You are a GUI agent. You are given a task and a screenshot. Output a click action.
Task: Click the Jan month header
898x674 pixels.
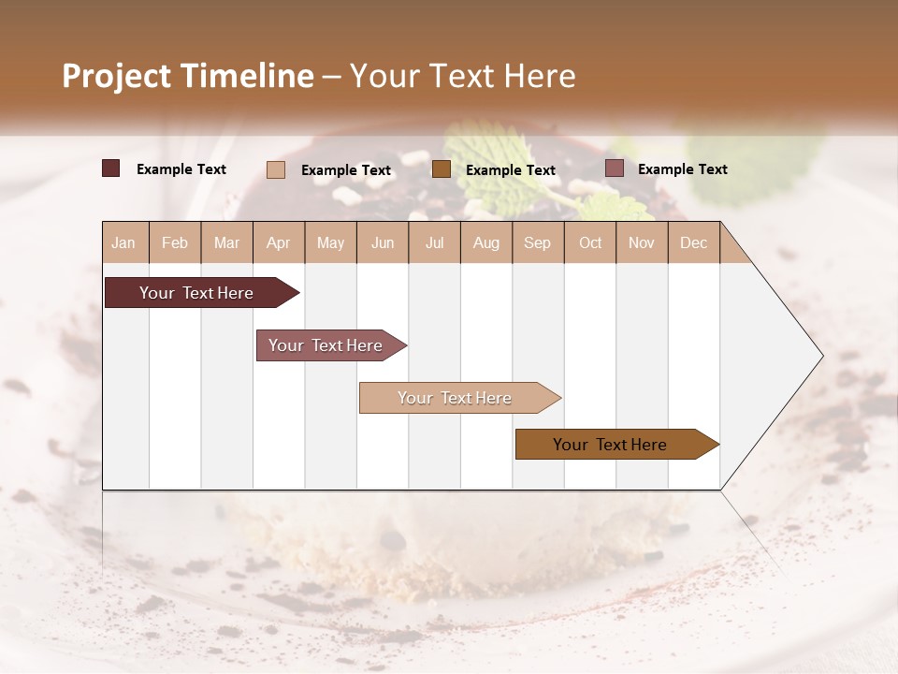(x=124, y=243)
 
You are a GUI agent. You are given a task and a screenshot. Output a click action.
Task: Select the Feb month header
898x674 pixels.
(x=175, y=243)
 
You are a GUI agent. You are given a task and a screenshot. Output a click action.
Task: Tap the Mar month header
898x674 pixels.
(x=226, y=243)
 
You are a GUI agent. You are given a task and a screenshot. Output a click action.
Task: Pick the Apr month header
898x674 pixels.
(x=279, y=243)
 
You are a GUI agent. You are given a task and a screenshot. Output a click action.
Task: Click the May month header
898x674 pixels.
(x=330, y=243)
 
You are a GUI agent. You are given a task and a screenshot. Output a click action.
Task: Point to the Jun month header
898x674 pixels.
(x=383, y=243)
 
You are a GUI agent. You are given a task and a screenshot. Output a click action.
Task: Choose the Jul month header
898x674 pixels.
(x=434, y=243)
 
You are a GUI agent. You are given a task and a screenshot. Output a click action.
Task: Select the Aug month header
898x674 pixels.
(x=486, y=243)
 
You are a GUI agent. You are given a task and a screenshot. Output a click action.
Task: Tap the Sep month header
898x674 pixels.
(x=538, y=243)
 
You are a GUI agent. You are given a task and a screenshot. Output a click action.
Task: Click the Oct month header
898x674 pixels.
(x=590, y=243)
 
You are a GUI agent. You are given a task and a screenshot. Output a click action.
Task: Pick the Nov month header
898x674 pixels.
(x=642, y=243)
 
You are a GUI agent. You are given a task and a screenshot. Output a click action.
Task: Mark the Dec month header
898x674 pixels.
(x=693, y=243)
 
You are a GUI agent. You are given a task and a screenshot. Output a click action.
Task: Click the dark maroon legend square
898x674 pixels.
(x=111, y=168)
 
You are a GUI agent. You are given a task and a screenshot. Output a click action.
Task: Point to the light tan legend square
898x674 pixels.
(x=276, y=169)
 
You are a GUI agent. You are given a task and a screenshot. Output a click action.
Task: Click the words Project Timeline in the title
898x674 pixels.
(x=188, y=76)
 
